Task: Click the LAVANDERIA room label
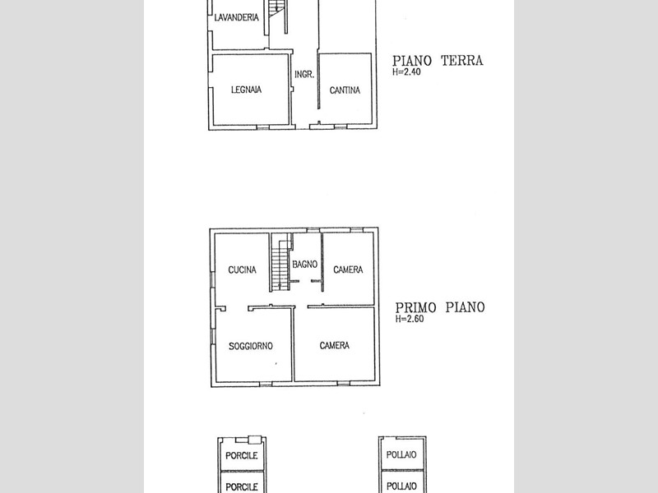[x=237, y=17]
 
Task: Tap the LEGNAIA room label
[x=246, y=90]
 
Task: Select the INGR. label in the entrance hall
[x=304, y=75]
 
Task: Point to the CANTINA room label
[x=345, y=90]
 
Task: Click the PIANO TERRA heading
[x=437, y=60]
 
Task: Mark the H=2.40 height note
[x=407, y=71]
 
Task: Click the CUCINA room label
[x=242, y=270]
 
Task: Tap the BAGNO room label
[x=304, y=264]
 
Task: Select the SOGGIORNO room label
[x=251, y=346]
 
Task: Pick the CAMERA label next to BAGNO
[x=348, y=270]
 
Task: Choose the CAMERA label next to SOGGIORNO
[x=335, y=346]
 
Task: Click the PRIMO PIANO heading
[x=439, y=307]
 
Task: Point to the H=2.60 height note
[x=409, y=320]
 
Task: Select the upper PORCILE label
[x=242, y=455]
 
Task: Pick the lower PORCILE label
[x=242, y=486]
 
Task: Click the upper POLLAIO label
[x=402, y=455]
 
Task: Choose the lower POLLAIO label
[x=402, y=486]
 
